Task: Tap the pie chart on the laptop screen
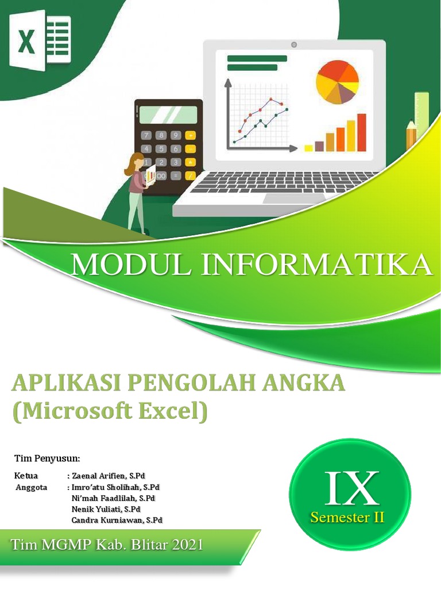[x=337, y=82]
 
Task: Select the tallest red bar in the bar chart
[x=362, y=132]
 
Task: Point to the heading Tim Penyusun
[x=47, y=458]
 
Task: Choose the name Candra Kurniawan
[x=108, y=520]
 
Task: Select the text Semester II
[x=347, y=517]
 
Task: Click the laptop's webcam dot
[x=294, y=44]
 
